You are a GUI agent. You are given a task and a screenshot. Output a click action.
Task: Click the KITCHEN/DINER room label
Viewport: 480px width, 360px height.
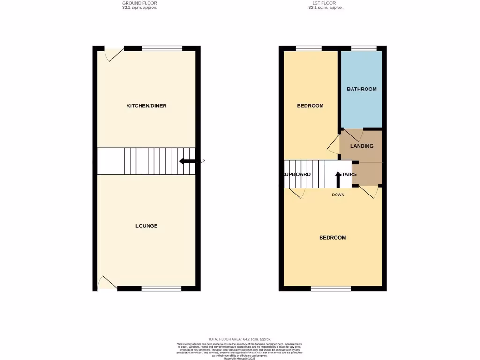click(146, 106)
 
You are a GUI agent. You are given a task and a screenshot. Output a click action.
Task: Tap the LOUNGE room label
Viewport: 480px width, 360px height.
click(146, 226)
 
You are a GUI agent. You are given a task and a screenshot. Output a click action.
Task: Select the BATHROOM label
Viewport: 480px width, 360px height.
click(361, 89)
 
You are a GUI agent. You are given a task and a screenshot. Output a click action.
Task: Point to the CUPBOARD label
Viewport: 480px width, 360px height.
click(297, 174)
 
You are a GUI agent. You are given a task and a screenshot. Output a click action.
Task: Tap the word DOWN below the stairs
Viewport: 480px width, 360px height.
click(338, 195)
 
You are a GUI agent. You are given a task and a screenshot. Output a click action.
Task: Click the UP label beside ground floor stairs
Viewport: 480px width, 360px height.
click(202, 161)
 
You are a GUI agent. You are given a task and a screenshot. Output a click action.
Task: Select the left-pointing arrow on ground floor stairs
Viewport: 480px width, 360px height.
click(187, 161)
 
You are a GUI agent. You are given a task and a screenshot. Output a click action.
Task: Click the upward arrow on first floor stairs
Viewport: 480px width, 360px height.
click(337, 179)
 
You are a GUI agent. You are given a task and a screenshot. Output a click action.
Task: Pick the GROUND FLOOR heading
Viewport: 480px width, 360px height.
click(139, 3)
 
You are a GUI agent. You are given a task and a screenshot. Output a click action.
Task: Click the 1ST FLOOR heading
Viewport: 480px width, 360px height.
click(326, 3)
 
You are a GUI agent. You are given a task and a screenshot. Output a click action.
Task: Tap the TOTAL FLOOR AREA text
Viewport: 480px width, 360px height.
click(240, 339)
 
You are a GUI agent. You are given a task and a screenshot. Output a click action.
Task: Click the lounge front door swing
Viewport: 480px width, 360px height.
click(106, 283)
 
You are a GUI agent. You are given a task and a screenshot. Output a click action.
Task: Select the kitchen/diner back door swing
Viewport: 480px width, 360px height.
click(113, 54)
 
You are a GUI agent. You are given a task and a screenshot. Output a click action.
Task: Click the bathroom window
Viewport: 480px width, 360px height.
click(364, 48)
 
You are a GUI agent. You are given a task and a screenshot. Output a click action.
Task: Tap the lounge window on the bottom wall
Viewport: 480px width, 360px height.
click(161, 289)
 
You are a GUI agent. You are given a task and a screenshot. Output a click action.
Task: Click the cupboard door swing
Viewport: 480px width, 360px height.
click(298, 193)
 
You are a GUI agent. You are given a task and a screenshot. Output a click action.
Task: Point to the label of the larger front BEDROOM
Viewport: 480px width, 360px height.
click(332, 238)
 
